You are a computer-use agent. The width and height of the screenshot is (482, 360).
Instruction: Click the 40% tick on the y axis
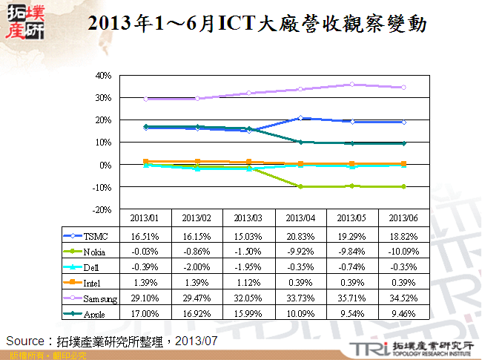tap(102, 76)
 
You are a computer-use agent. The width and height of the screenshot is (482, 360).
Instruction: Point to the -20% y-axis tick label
tap(101, 210)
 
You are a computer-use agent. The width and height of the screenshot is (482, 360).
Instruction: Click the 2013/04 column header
tap(300, 218)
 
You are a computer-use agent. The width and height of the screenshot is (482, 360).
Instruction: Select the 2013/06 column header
tap(403, 218)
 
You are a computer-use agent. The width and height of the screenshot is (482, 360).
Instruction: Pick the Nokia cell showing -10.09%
tap(403, 252)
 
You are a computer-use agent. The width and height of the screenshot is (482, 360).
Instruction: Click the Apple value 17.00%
tap(144, 314)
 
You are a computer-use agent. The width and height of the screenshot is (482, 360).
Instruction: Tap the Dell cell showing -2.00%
tap(196, 268)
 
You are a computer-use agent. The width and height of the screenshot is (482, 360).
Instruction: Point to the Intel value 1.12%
tap(248, 283)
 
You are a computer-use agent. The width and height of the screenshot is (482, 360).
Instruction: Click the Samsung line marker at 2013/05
tap(351, 85)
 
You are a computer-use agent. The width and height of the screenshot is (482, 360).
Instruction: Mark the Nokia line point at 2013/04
tap(300, 186)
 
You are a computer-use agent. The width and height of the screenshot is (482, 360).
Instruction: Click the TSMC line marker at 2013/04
tap(300, 118)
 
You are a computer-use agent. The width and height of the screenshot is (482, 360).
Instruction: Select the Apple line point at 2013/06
tap(403, 143)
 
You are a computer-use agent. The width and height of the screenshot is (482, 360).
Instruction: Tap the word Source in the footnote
tap(24, 340)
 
